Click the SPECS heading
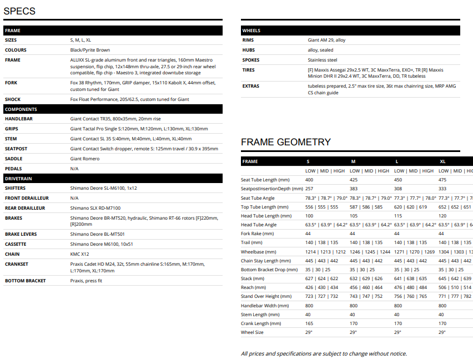pyautogui.click(x=19, y=11)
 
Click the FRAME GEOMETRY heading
pyautogui.click(x=285, y=142)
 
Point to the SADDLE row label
pyautogui.click(x=14, y=159)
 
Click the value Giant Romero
pyautogui.click(x=85, y=159)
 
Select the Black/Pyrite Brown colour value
pyautogui.click(x=90, y=50)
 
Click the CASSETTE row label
pyautogui.click(x=16, y=244)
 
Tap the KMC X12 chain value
pyautogui.click(x=80, y=254)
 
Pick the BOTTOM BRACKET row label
pyautogui.click(x=26, y=281)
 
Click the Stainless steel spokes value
pyautogui.click(x=323, y=60)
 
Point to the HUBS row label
pyautogui.click(x=248, y=50)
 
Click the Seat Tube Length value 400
pyautogui.click(x=309, y=180)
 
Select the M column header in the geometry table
pyautogui.click(x=353, y=161)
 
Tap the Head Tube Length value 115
pyautogui.click(x=398, y=216)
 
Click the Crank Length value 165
pyautogui.click(x=309, y=323)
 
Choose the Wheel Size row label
pyautogui.click(x=252, y=332)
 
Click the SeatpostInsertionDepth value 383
pyautogui.click(x=354, y=189)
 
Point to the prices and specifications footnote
pyautogui.click(x=324, y=353)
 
